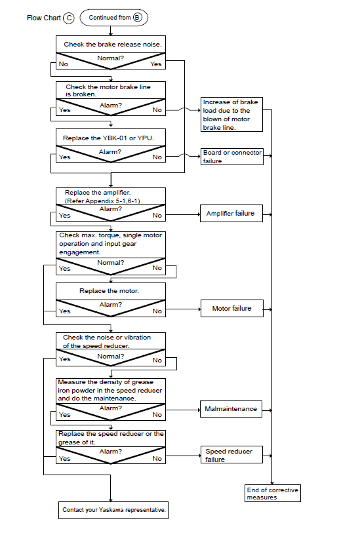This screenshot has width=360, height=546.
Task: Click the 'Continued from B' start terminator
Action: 114,18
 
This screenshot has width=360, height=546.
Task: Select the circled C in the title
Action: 69,18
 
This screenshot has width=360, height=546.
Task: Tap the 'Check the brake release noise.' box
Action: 111,44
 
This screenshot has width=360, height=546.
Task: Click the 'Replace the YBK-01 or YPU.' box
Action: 111,138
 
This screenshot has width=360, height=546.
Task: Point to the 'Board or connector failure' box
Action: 231,157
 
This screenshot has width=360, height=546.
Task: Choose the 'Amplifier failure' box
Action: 231,214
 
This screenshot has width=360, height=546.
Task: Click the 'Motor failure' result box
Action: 231,309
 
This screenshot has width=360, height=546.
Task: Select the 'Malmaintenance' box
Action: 231,409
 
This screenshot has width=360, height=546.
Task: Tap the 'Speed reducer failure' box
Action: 231,455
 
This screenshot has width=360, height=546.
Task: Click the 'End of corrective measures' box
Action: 273,494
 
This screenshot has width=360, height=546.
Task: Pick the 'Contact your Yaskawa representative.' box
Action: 113,510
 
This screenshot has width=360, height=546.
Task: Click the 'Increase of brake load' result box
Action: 231,115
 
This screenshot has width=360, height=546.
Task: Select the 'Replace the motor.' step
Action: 111,291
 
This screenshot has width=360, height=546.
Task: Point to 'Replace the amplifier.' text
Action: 98,193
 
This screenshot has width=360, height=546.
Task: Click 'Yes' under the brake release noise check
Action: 156,64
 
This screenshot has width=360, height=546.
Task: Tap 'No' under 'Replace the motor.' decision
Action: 157,311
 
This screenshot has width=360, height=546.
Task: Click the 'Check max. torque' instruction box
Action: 111,244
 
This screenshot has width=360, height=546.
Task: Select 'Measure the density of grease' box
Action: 111,391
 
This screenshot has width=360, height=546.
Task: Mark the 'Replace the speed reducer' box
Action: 111,439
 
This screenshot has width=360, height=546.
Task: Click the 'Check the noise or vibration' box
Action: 111,341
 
